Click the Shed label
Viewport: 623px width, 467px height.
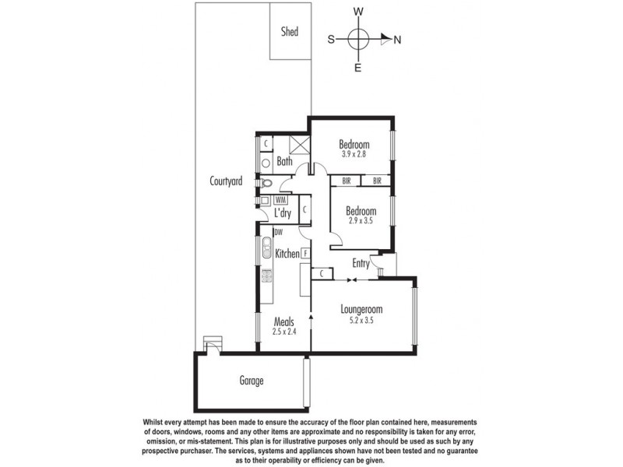point(290,32)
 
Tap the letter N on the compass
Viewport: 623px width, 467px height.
point(397,40)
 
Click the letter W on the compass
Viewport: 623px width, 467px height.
point(358,12)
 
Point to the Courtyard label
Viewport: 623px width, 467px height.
point(226,181)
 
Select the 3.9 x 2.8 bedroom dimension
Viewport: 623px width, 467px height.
point(354,154)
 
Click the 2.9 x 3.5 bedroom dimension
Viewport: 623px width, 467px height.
point(361,222)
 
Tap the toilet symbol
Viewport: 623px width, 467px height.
point(266,184)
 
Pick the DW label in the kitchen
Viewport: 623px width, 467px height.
point(278,232)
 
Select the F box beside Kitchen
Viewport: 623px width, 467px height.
point(306,253)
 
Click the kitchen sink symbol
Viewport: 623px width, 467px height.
point(266,247)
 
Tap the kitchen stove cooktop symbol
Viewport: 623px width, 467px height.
point(266,275)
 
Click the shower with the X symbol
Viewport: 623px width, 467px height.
point(301,145)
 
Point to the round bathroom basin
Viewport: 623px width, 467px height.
point(266,163)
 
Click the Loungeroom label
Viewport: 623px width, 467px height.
point(361,309)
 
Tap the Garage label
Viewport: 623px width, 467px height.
point(251,381)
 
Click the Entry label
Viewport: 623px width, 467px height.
point(361,264)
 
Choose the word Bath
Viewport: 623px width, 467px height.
point(284,163)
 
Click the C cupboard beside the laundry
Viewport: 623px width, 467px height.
point(304,209)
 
